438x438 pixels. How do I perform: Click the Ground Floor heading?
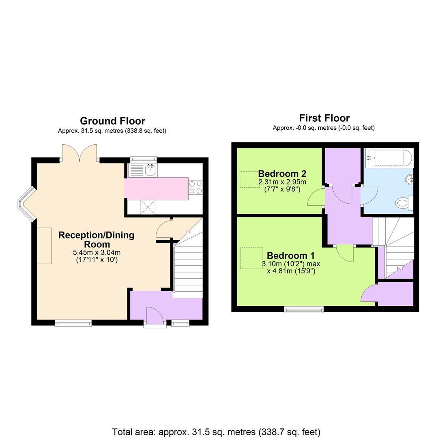tap(112, 121)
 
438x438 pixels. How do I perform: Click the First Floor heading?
tap(324, 118)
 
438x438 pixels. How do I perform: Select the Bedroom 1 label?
tap(290, 256)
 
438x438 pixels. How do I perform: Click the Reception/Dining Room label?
tap(97, 240)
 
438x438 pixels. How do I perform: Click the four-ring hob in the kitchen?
tap(195, 187)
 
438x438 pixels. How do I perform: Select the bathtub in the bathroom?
tap(389, 158)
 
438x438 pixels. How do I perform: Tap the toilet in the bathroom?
tap(404, 203)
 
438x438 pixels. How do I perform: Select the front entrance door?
tap(154, 316)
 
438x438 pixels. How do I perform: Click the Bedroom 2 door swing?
tap(316, 198)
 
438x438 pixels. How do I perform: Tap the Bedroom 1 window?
tap(304, 310)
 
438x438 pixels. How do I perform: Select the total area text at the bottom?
tap(216, 432)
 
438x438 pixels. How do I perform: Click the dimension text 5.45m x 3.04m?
tap(97, 252)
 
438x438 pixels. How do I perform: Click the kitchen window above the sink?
tap(143, 159)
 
